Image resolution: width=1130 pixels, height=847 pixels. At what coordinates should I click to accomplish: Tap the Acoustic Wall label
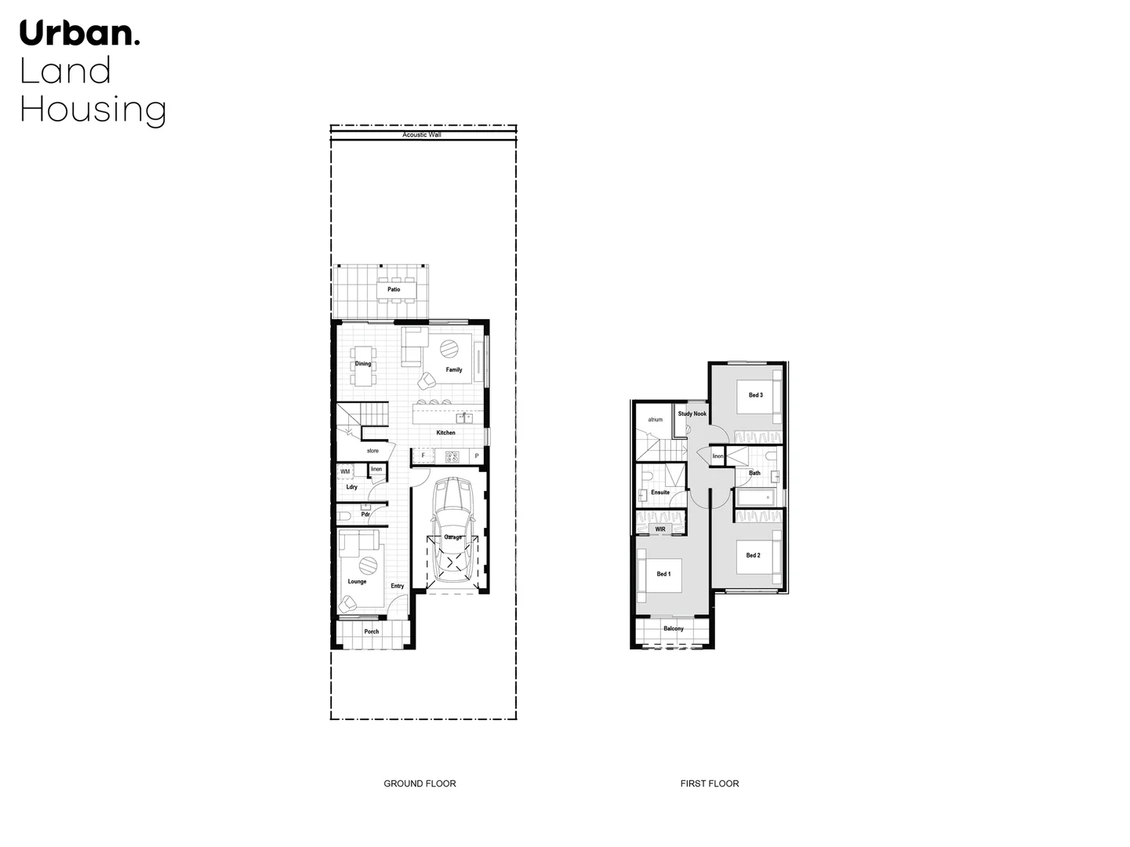pyautogui.click(x=422, y=135)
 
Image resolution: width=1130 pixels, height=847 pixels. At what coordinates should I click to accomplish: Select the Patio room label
pyautogui.click(x=394, y=289)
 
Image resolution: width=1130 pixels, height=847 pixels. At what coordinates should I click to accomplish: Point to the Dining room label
pyautogui.click(x=363, y=364)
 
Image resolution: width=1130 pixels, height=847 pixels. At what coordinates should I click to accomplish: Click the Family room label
pyautogui.click(x=454, y=369)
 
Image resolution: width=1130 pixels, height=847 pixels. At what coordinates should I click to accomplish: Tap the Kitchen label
pyautogui.click(x=445, y=433)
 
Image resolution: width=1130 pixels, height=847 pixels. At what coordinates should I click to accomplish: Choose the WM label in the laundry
pyautogui.click(x=345, y=471)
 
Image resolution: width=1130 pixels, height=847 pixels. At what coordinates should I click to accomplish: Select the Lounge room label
pyautogui.click(x=357, y=582)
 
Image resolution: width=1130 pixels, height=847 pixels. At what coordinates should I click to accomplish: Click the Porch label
pyautogui.click(x=372, y=631)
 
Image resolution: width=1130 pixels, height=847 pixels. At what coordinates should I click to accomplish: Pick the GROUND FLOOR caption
pyautogui.click(x=420, y=783)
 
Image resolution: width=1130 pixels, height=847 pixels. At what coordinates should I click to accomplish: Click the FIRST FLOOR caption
pyautogui.click(x=710, y=783)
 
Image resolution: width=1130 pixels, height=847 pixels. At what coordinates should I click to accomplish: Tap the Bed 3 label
pyautogui.click(x=755, y=395)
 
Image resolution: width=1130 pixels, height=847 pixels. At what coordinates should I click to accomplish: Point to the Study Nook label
pyautogui.click(x=692, y=413)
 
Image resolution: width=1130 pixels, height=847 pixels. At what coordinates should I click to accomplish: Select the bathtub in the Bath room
pyautogui.click(x=754, y=496)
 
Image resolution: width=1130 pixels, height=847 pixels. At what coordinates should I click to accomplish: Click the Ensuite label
pyautogui.click(x=660, y=493)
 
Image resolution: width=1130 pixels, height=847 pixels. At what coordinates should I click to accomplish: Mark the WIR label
pyautogui.click(x=660, y=529)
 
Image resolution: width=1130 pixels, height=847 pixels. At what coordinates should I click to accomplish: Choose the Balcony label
pyautogui.click(x=674, y=628)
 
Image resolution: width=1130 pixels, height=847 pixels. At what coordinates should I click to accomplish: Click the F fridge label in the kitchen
pyautogui.click(x=423, y=456)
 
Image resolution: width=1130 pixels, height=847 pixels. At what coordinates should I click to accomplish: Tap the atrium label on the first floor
pyautogui.click(x=656, y=420)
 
